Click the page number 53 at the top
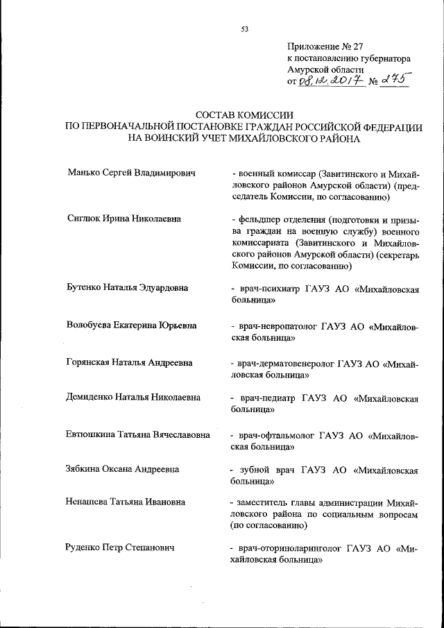[x=244, y=29]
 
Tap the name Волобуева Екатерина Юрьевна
[x=132, y=325]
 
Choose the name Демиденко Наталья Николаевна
[x=133, y=398]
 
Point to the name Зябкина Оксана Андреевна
[x=123, y=470]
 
